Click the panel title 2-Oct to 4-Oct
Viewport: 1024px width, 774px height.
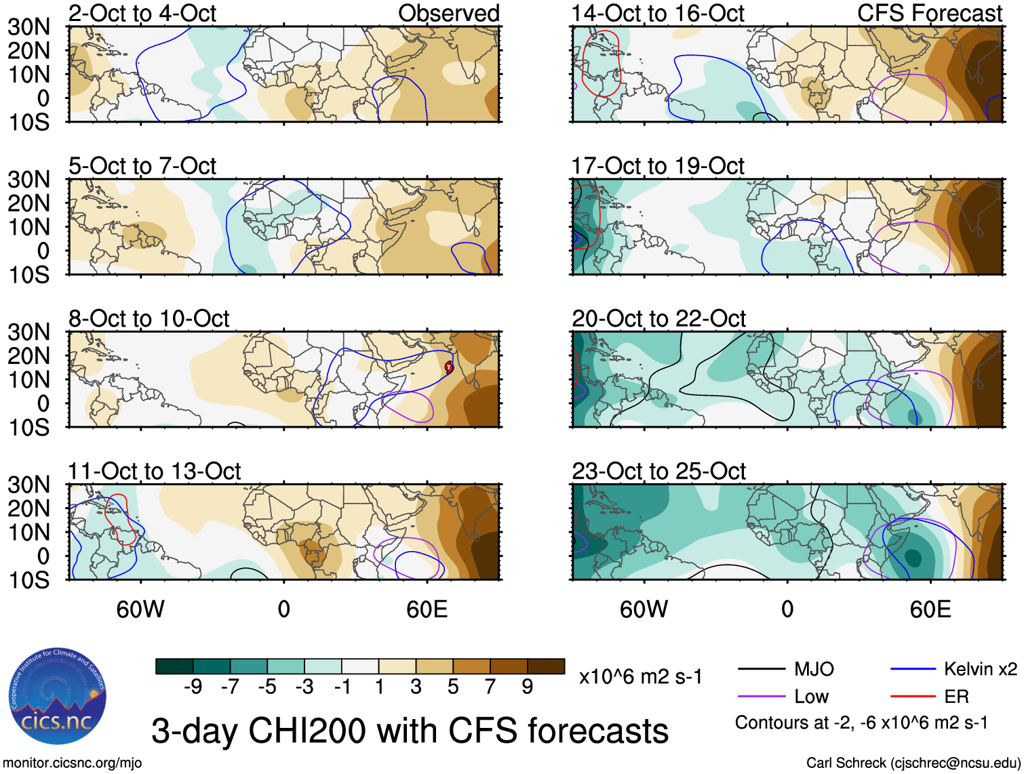(x=142, y=13)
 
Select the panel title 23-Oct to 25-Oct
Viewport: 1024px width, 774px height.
(x=658, y=471)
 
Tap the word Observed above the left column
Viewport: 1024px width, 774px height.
(x=448, y=13)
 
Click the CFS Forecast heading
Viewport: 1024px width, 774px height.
(x=929, y=13)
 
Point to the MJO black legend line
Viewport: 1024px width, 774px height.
(x=762, y=670)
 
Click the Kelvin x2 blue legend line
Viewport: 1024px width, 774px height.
(x=913, y=670)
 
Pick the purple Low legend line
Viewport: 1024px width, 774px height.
(x=762, y=697)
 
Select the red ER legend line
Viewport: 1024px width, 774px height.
(x=913, y=697)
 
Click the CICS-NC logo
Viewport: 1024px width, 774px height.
(x=58, y=697)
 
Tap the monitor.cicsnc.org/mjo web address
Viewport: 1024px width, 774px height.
(x=73, y=762)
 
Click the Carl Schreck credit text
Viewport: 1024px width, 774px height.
(x=913, y=762)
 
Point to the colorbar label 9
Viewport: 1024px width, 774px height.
(x=527, y=687)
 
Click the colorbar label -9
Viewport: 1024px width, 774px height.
(x=193, y=687)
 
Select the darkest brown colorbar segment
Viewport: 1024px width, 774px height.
(x=546, y=666)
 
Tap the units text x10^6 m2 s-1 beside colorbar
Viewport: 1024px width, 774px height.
(x=640, y=676)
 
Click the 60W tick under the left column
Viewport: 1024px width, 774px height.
(x=140, y=609)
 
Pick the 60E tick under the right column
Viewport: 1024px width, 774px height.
(x=930, y=609)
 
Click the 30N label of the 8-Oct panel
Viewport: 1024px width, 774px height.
(x=28, y=332)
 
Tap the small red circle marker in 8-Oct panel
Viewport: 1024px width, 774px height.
(x=449, y=367)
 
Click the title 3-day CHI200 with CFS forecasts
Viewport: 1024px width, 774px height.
(x=410, y=731)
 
